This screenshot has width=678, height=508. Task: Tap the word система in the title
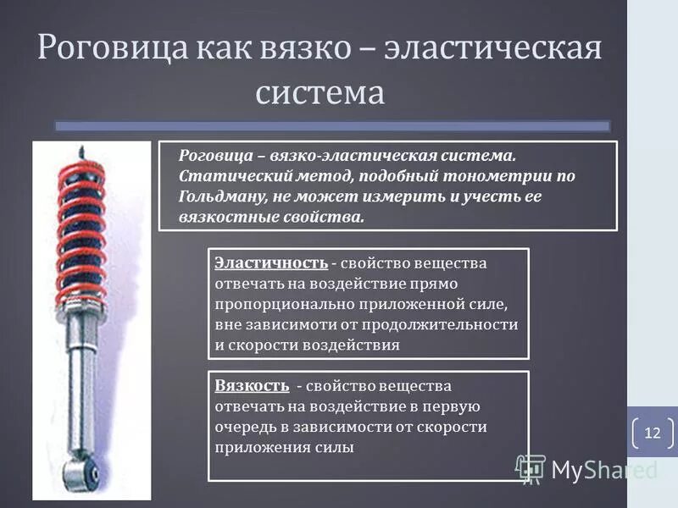[x=320, y=91]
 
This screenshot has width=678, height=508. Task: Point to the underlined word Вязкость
[x=252, y=385]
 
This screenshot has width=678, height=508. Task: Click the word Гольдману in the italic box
[x=223, y=196]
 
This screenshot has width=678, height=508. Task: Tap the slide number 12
[x=652, y=433]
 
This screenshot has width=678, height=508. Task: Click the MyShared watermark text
[x=603, y=468]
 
